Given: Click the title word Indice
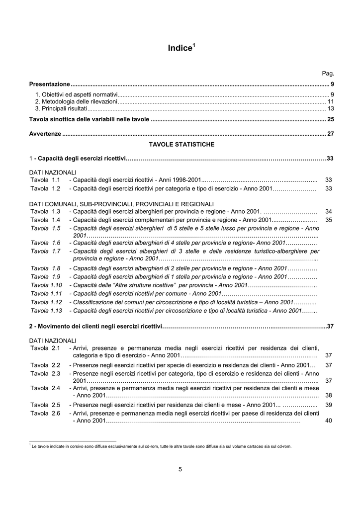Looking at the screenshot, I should [179, 48].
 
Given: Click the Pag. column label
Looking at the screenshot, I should [328, 74].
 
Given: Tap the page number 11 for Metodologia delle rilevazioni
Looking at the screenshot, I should [330, 101].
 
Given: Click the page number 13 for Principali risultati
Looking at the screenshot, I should [330, 108].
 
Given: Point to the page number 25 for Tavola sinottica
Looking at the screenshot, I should [330, 120].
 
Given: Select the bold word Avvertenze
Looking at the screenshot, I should [45, 134].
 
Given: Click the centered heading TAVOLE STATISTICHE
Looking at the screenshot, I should [181, 145].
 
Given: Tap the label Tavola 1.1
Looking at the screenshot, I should [45, 179].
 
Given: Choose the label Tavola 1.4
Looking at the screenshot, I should [45, 220].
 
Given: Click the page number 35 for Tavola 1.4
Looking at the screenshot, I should [328, 220].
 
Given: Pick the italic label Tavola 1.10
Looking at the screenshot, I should [46, 285].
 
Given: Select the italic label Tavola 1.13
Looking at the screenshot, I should [46, 310].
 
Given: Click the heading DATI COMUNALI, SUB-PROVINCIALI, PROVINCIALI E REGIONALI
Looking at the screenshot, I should [121, 204].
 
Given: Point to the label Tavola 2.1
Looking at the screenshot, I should [45, 348].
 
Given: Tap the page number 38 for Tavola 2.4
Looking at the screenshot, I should [328, 396].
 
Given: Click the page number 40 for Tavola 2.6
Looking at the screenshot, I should [328, 421].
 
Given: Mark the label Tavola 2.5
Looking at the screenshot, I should [45, 405].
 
